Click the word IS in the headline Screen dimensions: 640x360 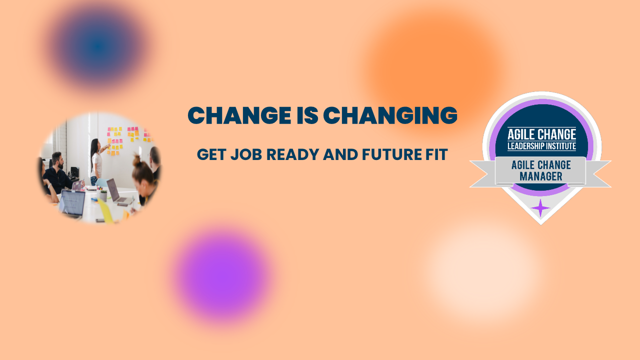coord(307,115)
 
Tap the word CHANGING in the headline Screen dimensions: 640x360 coord(390,115)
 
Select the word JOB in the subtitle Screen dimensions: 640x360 coord(246,154)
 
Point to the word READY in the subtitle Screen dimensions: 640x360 coord(293,154)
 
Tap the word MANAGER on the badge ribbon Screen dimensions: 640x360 coord(541,176)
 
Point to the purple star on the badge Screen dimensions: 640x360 coord(540,207)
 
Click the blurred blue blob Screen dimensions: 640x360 coord(98,46)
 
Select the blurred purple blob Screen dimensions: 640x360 coord(223,275)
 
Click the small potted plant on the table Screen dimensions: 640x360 coord(103,195)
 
